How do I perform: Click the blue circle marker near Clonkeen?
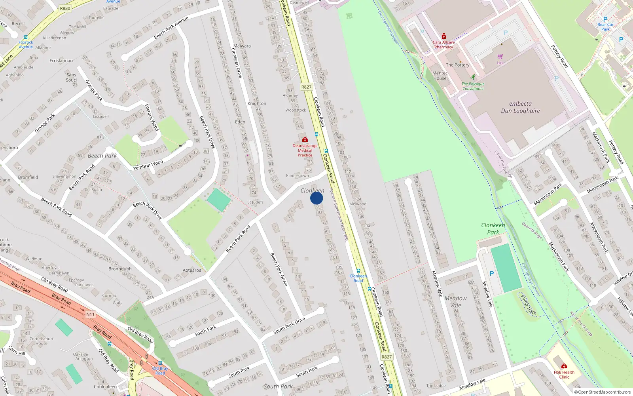pos(316,198)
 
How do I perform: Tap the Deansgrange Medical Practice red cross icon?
pos(305,140)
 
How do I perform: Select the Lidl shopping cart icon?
pos(500,57)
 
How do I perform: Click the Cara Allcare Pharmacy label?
pos(443,45)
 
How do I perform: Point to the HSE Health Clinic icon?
pos(564,366)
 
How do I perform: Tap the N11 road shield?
pos(91,314)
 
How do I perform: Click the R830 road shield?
pos(65,8)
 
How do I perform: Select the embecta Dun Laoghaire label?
pos(520,107)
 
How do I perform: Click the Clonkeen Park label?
pos(493,229)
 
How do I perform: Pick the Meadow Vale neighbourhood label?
pos(455,302)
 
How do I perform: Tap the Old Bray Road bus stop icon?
pos(160,363)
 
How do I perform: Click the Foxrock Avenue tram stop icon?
pos(26,38)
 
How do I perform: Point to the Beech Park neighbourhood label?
pos(102,156)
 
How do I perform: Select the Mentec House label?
pos(440,76)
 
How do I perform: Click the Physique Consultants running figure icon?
pos(473,77)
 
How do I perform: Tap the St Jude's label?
pos(255,202)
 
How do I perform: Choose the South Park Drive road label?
pos(289,325)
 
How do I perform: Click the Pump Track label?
pos(529,305)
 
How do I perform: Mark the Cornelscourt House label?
pos(41,341)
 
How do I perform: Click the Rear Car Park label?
pos(605,27)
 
